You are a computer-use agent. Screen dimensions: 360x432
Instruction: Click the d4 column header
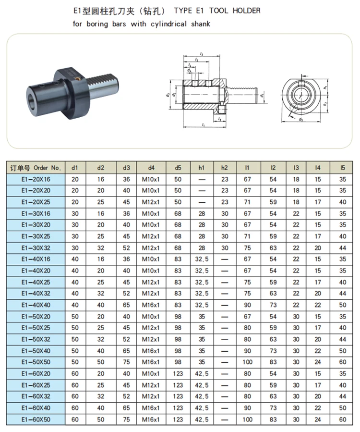151,168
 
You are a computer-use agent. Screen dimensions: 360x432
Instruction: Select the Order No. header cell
36,168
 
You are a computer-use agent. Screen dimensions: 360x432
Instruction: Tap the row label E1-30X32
36,248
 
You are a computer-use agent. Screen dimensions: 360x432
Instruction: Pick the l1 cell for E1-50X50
247,362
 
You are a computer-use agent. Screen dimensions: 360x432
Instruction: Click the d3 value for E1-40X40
126,305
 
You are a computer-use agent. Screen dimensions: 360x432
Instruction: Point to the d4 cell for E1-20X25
151,202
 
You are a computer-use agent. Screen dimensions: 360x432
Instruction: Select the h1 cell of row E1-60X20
202,373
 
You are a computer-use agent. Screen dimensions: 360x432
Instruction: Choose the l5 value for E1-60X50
343,420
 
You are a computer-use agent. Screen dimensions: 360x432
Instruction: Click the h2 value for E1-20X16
225,179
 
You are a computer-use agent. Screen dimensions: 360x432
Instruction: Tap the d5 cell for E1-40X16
178,259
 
